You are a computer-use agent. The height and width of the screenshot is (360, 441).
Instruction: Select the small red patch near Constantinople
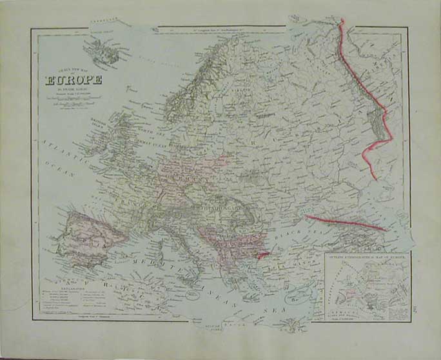260,257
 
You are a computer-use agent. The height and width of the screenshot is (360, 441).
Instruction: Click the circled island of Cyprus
297,298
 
